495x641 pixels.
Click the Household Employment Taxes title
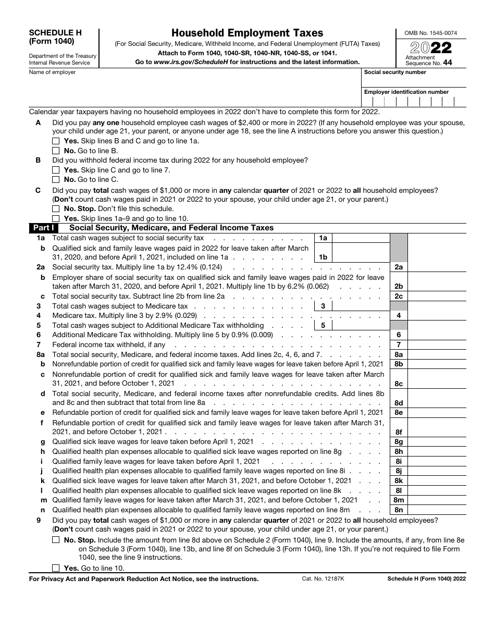click(247, 33)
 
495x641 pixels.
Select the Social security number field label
click(395, 72)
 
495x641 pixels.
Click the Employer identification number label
click(406, 92)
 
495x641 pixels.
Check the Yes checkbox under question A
click(56, 141)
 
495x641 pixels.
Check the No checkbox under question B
click(56, 180)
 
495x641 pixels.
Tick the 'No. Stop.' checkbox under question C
click(56, 209)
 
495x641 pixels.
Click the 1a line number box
click(323, 238)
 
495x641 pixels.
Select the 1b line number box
click(323, 257)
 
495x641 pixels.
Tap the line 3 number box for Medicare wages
click(323, 306)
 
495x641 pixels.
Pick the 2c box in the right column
click(399, 296)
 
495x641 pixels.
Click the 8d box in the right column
click(399, 403)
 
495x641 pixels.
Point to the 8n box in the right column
click(399, 510)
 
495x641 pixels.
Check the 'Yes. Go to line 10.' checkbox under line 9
click(56, 568)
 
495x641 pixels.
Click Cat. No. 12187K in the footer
click(320, 578)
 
